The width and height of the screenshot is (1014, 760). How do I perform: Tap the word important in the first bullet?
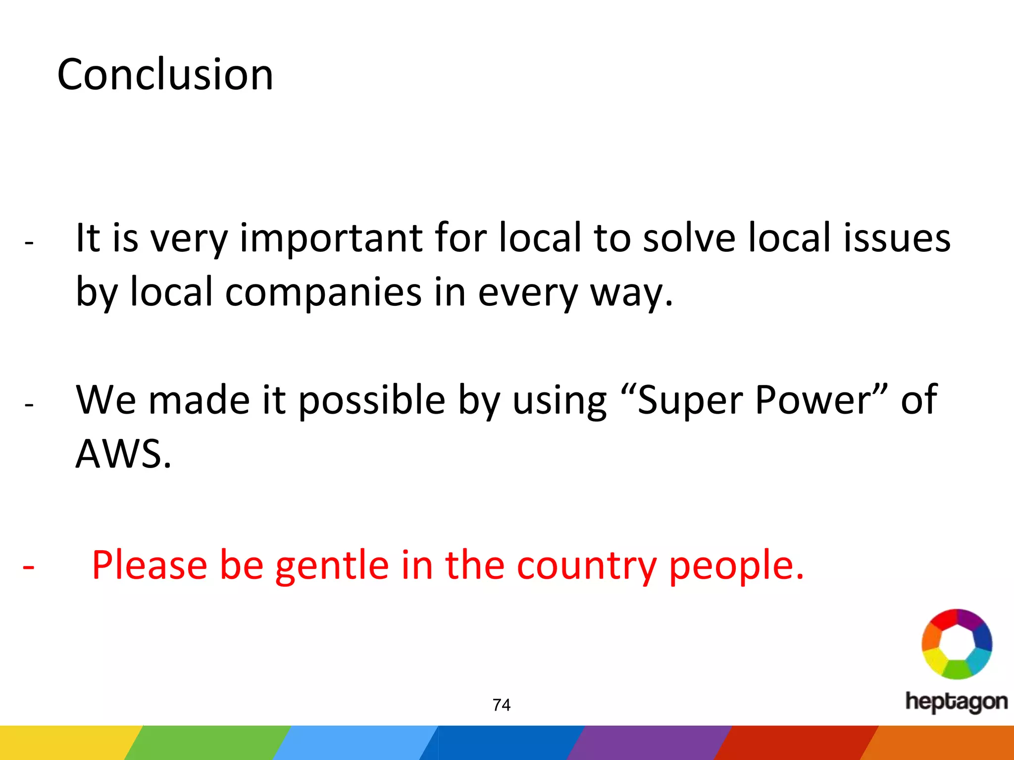click(x=331, y=238)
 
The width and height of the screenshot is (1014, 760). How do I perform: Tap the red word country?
click(x=586, y=565)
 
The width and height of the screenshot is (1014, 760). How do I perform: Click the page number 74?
click(x=502, y=705)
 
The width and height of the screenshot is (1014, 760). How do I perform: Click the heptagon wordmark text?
click(x=956, y=702)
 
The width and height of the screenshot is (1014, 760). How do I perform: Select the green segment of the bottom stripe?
click(x=208, y=743)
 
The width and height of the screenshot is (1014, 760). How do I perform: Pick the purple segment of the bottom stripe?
click(x=649, y=743)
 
